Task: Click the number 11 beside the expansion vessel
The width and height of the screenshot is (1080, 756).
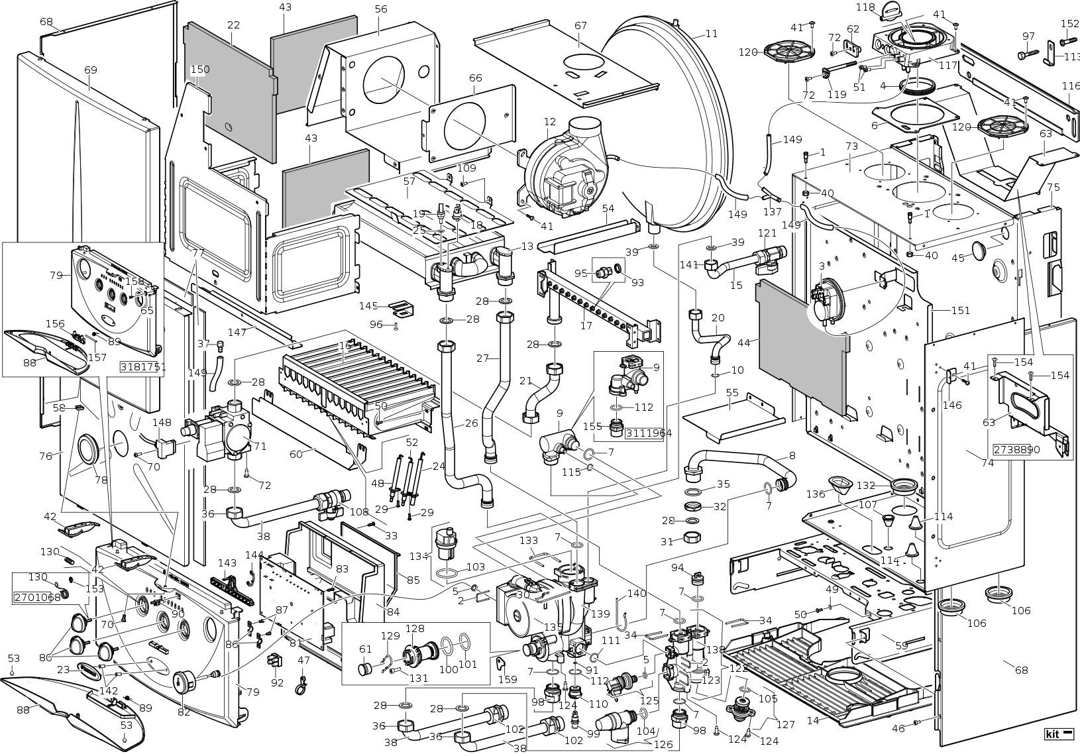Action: click(x=711, y=34)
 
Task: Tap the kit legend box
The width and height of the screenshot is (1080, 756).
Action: click(x=1055, y=734)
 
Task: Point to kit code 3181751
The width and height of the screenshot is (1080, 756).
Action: click(x=143, y=367)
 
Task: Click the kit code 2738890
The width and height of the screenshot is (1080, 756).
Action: click(x=1016, y=449)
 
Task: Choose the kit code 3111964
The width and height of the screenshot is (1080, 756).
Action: click(x=649, y=433)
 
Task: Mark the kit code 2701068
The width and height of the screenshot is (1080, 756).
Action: click(x=37, y=598)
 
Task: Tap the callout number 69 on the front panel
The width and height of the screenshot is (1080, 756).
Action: click(x=91, y=70)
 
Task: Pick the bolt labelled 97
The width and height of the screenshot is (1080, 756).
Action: click(x=1026, y=54)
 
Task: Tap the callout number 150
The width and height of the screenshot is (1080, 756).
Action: click(x=200, y=70)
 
